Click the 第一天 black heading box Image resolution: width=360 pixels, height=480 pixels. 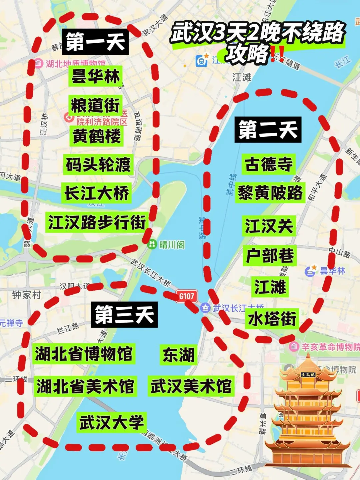click(95, 42)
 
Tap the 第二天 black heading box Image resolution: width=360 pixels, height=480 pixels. click(268, 130)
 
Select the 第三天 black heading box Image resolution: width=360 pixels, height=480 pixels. click(124, 315)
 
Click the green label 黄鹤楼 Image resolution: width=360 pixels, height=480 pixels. click(97, 136)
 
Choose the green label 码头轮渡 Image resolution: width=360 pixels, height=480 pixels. click(98, 164)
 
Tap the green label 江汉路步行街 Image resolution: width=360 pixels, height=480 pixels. click(97, 222)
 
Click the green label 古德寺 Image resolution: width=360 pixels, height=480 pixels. click(269, 164)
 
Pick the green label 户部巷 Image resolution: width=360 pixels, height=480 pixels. click(270, 256)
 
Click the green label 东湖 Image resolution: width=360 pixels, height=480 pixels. click(178, 354)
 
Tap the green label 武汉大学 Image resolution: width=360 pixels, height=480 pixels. click(111, 422)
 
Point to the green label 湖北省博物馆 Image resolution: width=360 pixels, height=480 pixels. click(84, 354)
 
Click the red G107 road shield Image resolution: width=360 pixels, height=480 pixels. click(187, 296)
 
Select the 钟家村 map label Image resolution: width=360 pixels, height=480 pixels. click(27, 295)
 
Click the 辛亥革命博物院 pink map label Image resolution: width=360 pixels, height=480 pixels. click(330, 347)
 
